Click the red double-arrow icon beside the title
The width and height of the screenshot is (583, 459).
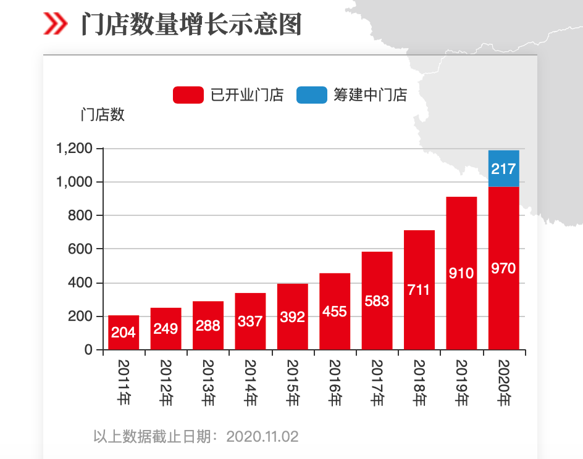click(56, 24)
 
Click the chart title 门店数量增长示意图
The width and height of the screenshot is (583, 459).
click(191, 25)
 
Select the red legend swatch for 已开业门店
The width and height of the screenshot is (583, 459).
click(188, 95)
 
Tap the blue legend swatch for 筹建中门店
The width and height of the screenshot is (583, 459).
click(311, 95)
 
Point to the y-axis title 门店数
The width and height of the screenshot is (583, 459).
click(103, 115)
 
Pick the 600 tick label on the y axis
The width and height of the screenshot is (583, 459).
click(81, 249)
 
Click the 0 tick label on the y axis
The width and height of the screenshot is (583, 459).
click(88, 350)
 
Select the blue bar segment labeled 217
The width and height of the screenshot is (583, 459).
click(503, 168)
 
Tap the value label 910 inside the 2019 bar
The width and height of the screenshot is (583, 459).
click(461, 273)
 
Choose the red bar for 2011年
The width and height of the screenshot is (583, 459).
click(124, 333)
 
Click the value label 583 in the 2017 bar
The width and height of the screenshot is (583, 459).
click(377, 301)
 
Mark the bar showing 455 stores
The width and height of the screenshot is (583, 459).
click(335, 312)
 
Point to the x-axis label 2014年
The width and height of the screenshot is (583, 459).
click(250, 382)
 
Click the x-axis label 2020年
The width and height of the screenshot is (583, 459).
click(504, 382)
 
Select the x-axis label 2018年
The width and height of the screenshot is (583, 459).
click(419, 382)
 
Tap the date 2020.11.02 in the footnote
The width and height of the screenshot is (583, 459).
click(262, 437)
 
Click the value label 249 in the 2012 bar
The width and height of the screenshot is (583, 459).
click(166, 329)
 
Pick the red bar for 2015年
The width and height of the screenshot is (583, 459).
click(293, 316)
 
